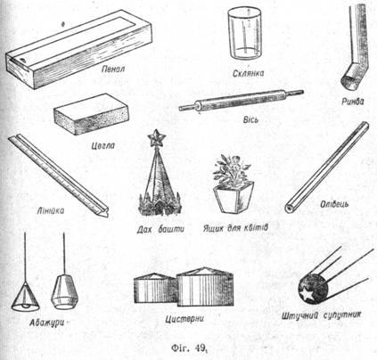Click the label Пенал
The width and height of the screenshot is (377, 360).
tap(113, 70)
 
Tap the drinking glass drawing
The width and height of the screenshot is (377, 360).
tap(245, 33)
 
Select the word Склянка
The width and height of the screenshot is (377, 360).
tap(249, 73)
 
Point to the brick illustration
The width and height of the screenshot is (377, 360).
tap(92, 114)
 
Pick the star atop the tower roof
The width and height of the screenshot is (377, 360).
tap(156, 138)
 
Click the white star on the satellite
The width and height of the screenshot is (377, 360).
tap(306, 293)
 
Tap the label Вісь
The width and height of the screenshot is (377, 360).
tap(250, 119)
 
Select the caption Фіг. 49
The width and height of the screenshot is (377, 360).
tap(188, 348)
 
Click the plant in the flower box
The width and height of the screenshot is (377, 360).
tap(232, 170)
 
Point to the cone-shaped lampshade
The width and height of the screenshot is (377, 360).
tap(26, 297)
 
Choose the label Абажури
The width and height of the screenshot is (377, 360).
tap(46, 323)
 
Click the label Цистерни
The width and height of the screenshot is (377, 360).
tap(184, 319)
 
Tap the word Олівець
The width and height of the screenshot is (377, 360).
tap(334, 204)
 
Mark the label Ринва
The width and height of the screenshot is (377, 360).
tap(352, 102)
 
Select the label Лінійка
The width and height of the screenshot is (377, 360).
tap(51, 211)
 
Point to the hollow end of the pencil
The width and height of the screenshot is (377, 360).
tap(289, 209)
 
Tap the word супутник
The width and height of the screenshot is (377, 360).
tap(342, 315)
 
